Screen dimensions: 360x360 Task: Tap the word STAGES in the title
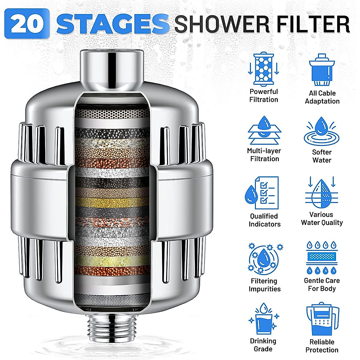point(112,24)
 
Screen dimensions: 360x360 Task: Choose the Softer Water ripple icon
point(322,132)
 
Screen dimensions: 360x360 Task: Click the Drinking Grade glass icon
point(264,319)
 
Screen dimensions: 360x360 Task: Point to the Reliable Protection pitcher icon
point(322,319)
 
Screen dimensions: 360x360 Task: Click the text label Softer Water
point(322,156)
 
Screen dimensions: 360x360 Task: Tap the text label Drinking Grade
point(263,345)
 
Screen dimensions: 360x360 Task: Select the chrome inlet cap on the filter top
point(112,67)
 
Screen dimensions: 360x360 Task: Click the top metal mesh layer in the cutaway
point(112,114)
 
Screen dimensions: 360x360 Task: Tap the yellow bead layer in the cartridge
point(112,202)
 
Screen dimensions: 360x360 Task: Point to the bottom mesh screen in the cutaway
point(112,298)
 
